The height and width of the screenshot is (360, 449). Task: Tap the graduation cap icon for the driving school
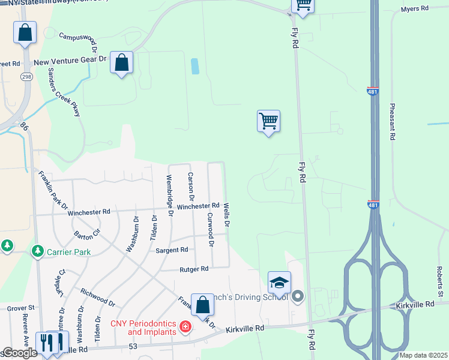click(x=279, y=283)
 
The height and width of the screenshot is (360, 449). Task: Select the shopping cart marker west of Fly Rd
click(x=268, y=121)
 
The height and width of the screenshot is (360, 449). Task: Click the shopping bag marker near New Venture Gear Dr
click(x=121, y=62)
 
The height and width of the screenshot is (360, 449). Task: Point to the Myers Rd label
click(x=415, y=9)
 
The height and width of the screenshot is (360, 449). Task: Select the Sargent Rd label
click(x=172, y=250)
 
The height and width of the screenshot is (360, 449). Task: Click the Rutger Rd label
click(x=194, y=269)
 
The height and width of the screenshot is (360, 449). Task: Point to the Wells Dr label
click(x=227, y=214)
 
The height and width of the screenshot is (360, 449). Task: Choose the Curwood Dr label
click(x=210, y=229)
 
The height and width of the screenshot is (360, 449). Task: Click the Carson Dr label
click(x=191, y=186)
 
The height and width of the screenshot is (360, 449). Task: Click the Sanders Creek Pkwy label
click(x=64, y=91)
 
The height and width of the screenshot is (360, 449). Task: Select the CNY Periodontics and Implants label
click(x=144, y=328)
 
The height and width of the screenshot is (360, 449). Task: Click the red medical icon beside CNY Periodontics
click(x=185, y=328)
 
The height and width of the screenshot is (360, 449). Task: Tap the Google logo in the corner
click(x=20, y=353)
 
